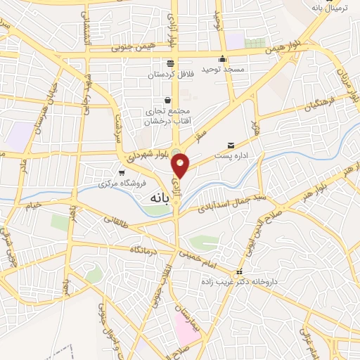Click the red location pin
click(181, 165)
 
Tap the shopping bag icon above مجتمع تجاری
click(167, 100)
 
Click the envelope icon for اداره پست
click(230, 144)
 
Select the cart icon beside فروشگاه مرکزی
click(122, 173)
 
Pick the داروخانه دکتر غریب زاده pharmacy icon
click(239, 272)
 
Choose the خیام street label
click(33, 206)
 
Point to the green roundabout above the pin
click(175, 153)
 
